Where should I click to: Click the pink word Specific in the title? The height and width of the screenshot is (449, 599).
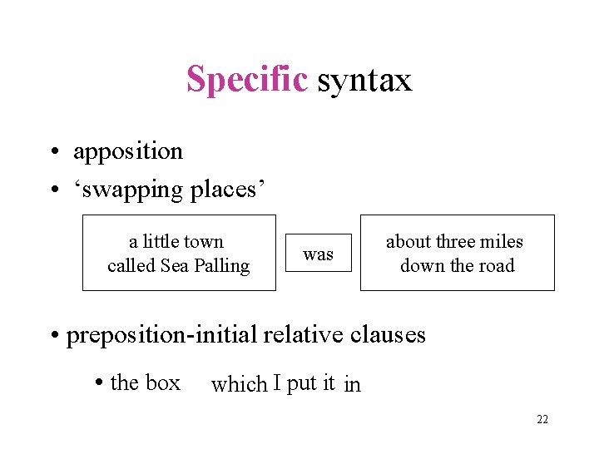click(247, 80)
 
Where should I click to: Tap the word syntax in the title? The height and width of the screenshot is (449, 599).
click(364, 81)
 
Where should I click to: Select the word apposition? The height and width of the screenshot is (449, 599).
click(128, 151)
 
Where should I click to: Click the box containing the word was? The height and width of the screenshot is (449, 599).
click(318, 254)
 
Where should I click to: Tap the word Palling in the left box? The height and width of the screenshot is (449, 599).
click(220, 266)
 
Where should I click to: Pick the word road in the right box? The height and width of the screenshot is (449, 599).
click(497, 266)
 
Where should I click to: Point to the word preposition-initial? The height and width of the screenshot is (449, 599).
click(162, 334)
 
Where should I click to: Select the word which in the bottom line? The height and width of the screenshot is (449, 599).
click(239, 383)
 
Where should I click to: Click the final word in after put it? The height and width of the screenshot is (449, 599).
click(353, 384)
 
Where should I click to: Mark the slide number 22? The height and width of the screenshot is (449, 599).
click(542, 420)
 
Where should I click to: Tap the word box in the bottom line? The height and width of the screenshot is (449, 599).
click(162, 382)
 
